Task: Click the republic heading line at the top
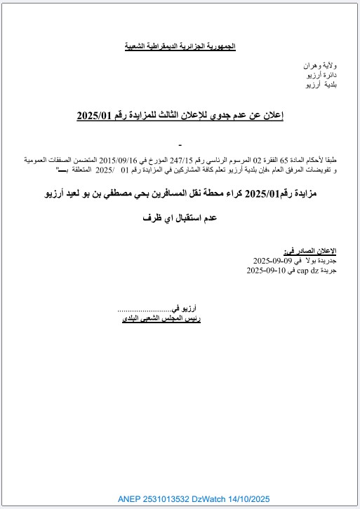pyautogui.click(x=180, y=46)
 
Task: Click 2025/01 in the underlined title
pyautogui.click(x=96, y=115)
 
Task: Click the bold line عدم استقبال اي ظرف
pyautogui.click(x=180, y=218)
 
